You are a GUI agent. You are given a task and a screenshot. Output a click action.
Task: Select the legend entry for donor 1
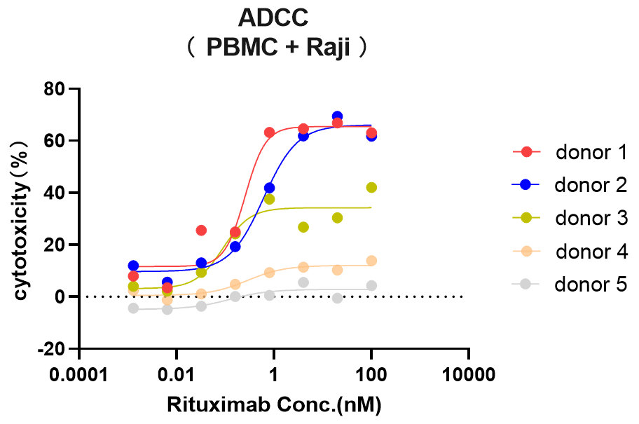click(x=565, y=152)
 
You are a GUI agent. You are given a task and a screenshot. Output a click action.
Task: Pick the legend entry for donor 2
click(x=565, y=185)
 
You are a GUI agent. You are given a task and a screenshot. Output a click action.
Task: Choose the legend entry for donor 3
click(x=565, y=218)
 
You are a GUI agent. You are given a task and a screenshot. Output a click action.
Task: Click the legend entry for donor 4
click(x=565, y=251)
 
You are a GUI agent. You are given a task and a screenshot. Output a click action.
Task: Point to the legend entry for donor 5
click(x=565, y=284)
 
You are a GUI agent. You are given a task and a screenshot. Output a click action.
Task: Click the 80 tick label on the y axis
click(x=57, y=89)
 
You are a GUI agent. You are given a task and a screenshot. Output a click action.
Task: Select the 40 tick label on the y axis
click(x=57, y=193)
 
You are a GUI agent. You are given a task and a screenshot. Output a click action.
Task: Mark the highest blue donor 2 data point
click(x=337, y=116)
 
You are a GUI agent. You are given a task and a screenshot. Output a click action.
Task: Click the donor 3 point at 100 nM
click(x=371, y=187)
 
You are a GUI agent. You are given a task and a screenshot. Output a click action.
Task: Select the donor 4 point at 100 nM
click(x=371, y=261)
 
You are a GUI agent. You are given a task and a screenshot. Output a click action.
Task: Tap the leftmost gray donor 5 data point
click(x=133, y=308)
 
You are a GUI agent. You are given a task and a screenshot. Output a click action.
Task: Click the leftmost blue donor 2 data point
click(x=133, y=266)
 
